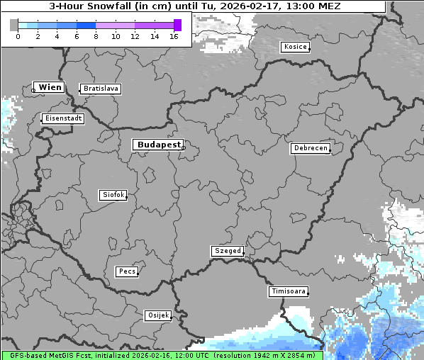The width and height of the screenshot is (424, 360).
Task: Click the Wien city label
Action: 50,87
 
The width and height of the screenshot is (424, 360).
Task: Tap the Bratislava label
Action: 100,89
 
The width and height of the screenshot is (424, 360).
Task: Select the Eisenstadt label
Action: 63,118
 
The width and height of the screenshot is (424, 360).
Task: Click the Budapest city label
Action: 158,145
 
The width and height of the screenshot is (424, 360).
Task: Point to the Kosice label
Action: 294,47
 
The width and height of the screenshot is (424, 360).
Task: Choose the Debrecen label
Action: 310,148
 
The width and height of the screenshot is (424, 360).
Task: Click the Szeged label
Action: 228,251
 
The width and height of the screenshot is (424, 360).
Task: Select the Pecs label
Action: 127,271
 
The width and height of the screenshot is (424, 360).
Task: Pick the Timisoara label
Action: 289,291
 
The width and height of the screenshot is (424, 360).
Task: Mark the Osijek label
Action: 158,315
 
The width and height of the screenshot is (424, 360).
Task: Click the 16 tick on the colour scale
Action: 174,35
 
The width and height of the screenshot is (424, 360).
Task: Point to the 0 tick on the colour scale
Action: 18,35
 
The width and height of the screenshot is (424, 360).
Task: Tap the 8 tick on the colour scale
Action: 96,35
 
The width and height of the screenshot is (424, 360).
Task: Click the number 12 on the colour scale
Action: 135,35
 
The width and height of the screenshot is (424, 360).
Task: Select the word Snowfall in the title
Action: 113,6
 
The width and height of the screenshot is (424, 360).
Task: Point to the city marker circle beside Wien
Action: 33,90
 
